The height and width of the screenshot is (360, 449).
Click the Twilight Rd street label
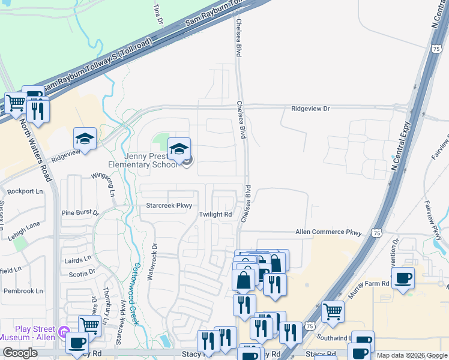pyautogui.click(x=215, y=214)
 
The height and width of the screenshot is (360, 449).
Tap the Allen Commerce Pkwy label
pyautogui.click(x=327, y=232)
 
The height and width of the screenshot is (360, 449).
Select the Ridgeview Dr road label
pyautogui.click(x=310, y=109)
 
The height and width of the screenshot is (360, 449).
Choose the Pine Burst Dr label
pyautogui.click(x=80, y=213)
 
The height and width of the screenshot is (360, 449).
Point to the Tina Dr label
pyautogui.click(x=158, y=13)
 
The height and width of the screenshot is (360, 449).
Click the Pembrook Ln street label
pyautogui.click(x=23, y=291)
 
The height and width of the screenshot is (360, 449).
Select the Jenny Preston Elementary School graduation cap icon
pyautogui.click(x=179, y=149)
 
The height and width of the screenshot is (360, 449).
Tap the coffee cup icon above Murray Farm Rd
pyautogui.click(x=403, y=277)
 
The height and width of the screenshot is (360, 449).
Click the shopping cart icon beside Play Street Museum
pyautogui.click(x=89, y=326)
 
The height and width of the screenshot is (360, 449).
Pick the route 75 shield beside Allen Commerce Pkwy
pyautogui.click(x=376, y=232)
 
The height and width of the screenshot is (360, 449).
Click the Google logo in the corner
pyautogui.click(x=20, y=353)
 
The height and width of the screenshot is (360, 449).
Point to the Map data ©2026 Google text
pyautogui.click(x=412, y=355)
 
